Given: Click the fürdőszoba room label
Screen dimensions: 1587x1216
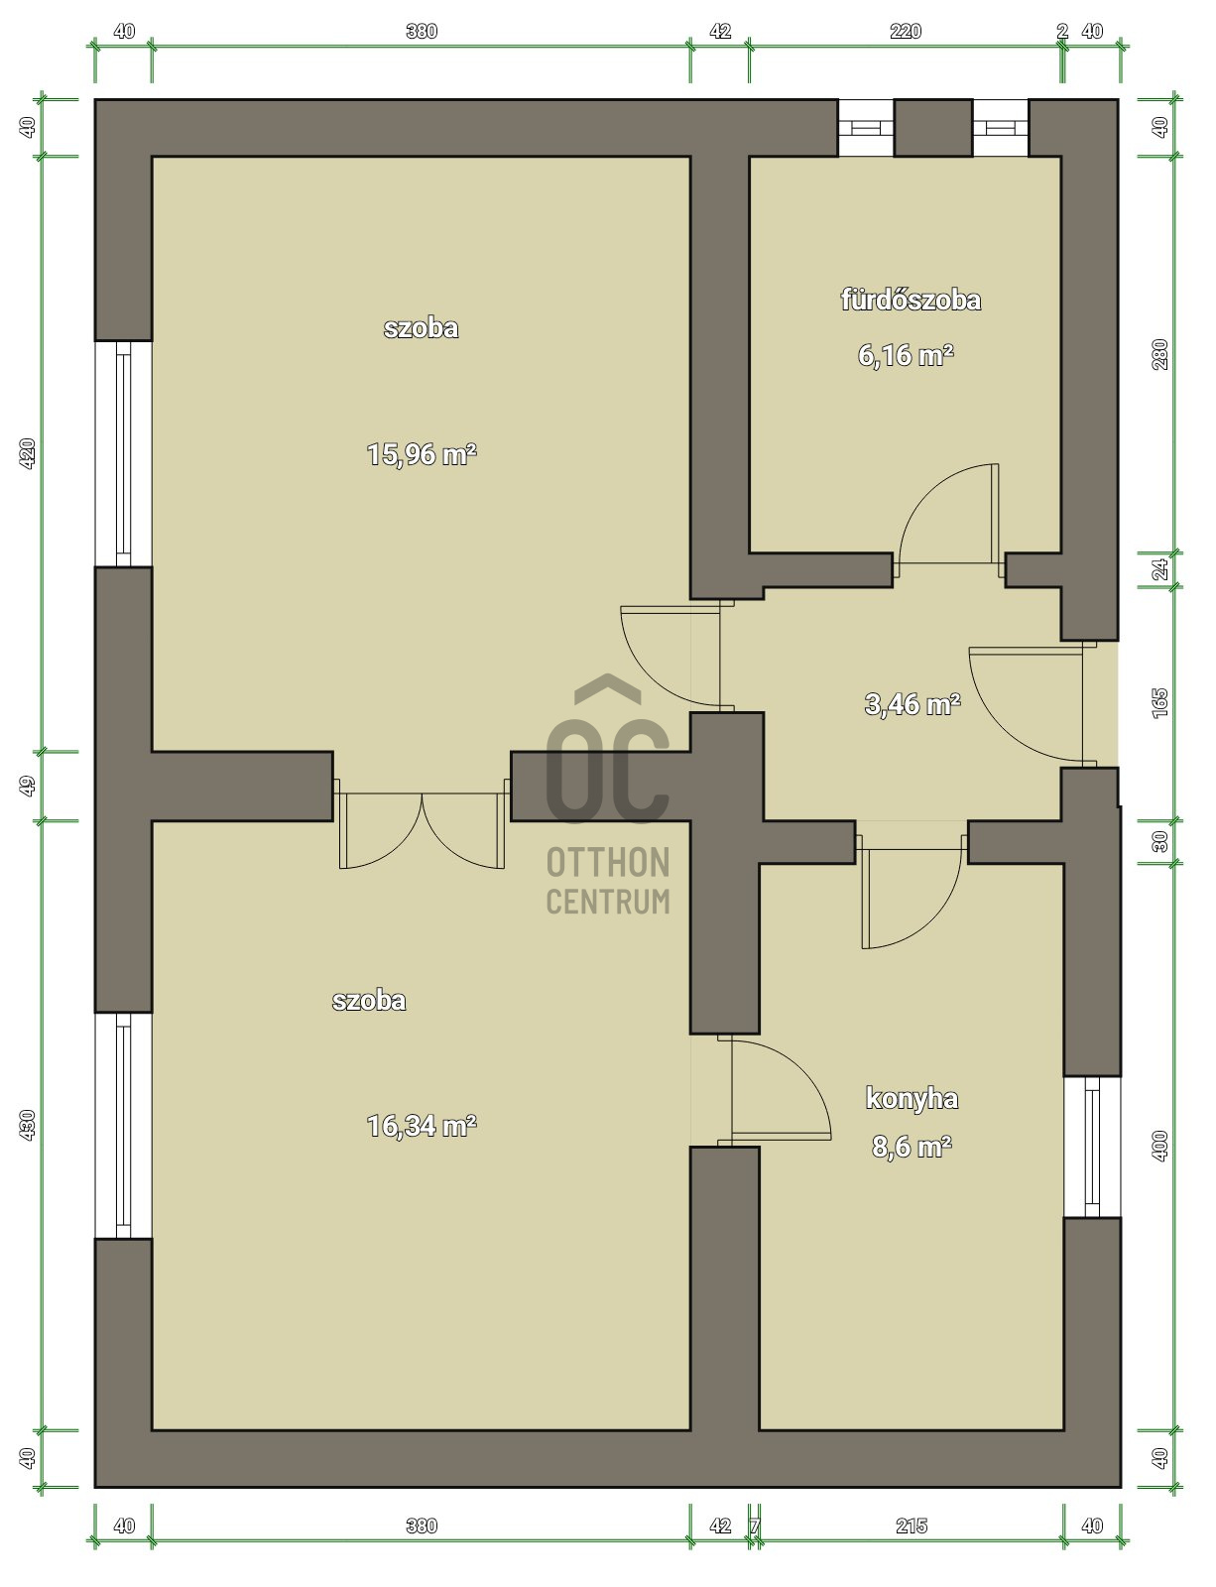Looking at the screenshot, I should click(911, 300).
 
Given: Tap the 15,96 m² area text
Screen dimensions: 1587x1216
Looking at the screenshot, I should click(422, 454).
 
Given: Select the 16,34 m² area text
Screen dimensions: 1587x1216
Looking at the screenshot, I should click(422, 1126).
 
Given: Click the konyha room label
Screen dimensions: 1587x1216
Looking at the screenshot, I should click(912, 1098).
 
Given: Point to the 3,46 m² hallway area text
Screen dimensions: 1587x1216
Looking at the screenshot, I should click(912, 704).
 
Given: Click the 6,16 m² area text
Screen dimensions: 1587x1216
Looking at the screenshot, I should click(906, 355).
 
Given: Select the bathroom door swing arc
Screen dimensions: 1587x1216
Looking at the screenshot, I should click(942, 521).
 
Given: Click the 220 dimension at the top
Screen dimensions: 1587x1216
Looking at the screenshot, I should click(905, 31).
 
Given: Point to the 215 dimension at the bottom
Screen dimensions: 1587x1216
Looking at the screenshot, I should click(911, 1526).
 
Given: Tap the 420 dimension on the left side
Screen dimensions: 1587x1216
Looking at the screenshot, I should click(28, 453).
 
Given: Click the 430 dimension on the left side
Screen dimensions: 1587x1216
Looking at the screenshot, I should click(28, 1124).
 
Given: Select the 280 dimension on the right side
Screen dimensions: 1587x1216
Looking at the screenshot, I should click(1160, 354).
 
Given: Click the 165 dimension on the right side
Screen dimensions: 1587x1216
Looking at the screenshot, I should click(1160, 702).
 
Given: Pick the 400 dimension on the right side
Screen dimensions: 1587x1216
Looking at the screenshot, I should click(1160, 1146).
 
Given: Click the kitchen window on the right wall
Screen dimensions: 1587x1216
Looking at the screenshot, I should click(1091, 1146).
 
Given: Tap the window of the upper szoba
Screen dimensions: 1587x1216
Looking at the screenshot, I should click(123, 453).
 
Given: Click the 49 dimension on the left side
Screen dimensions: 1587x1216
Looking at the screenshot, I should click(28, 786).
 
